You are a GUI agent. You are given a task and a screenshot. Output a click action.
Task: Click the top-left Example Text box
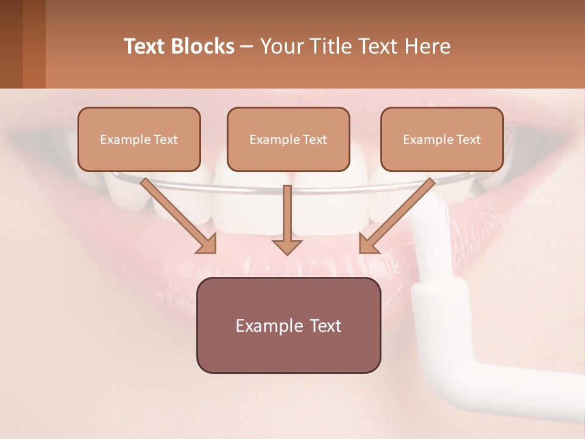[x=139, y=139]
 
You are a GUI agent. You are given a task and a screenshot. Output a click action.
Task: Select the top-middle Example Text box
[x=288, y=139]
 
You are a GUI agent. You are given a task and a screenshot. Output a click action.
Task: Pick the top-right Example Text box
[x=442, y=139]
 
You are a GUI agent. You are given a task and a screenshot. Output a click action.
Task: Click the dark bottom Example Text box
[x=288, y=325]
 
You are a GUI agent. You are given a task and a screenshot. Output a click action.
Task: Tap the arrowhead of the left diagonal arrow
[x=207, y=244]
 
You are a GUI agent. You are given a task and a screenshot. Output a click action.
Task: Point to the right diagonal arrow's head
[x=368, y=244]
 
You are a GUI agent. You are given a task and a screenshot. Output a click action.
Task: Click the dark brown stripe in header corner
[x=11, y=44]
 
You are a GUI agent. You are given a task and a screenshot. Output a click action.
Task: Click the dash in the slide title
[x=247, y=47]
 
